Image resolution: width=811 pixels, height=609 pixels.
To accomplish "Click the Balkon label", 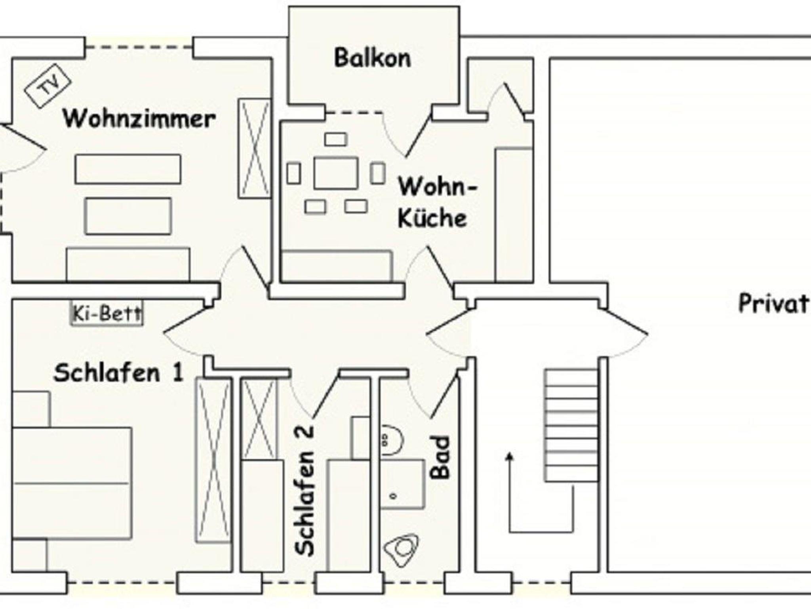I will (x=372, y=58).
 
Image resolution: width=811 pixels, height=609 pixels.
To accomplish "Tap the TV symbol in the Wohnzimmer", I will (x=48, y=86).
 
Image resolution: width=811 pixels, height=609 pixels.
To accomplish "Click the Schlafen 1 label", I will (x=119, y=373).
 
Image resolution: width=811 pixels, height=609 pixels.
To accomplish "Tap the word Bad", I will (x=440, y=457).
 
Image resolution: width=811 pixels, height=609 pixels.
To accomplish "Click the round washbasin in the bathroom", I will (x=391, y=440).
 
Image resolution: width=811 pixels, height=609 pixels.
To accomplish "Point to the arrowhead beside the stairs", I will (x=510, y=458).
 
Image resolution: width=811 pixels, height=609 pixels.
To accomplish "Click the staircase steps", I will (x=571, y=425).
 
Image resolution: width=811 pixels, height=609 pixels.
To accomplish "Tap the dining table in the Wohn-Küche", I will (x=336, y=173).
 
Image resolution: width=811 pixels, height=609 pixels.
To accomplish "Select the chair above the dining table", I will (x=336, y=139).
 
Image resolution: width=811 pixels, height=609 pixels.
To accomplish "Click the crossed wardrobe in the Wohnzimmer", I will (x=255, y=148).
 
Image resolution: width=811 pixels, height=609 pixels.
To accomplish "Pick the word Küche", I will (x=432, y=219).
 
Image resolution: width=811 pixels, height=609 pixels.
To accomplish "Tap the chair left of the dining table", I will (x=293, y=173).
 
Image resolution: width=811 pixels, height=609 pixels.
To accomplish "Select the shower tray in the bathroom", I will (x=402, y=484).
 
